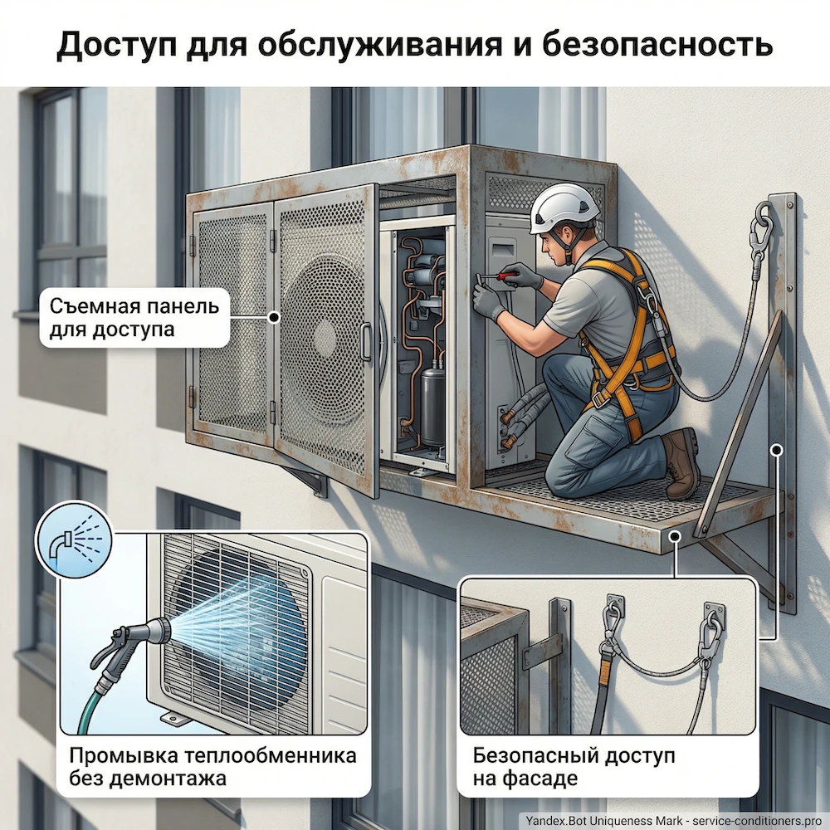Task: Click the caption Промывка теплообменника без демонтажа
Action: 212,768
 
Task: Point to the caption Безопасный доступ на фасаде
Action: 573,768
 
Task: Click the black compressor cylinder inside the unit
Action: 433,404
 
